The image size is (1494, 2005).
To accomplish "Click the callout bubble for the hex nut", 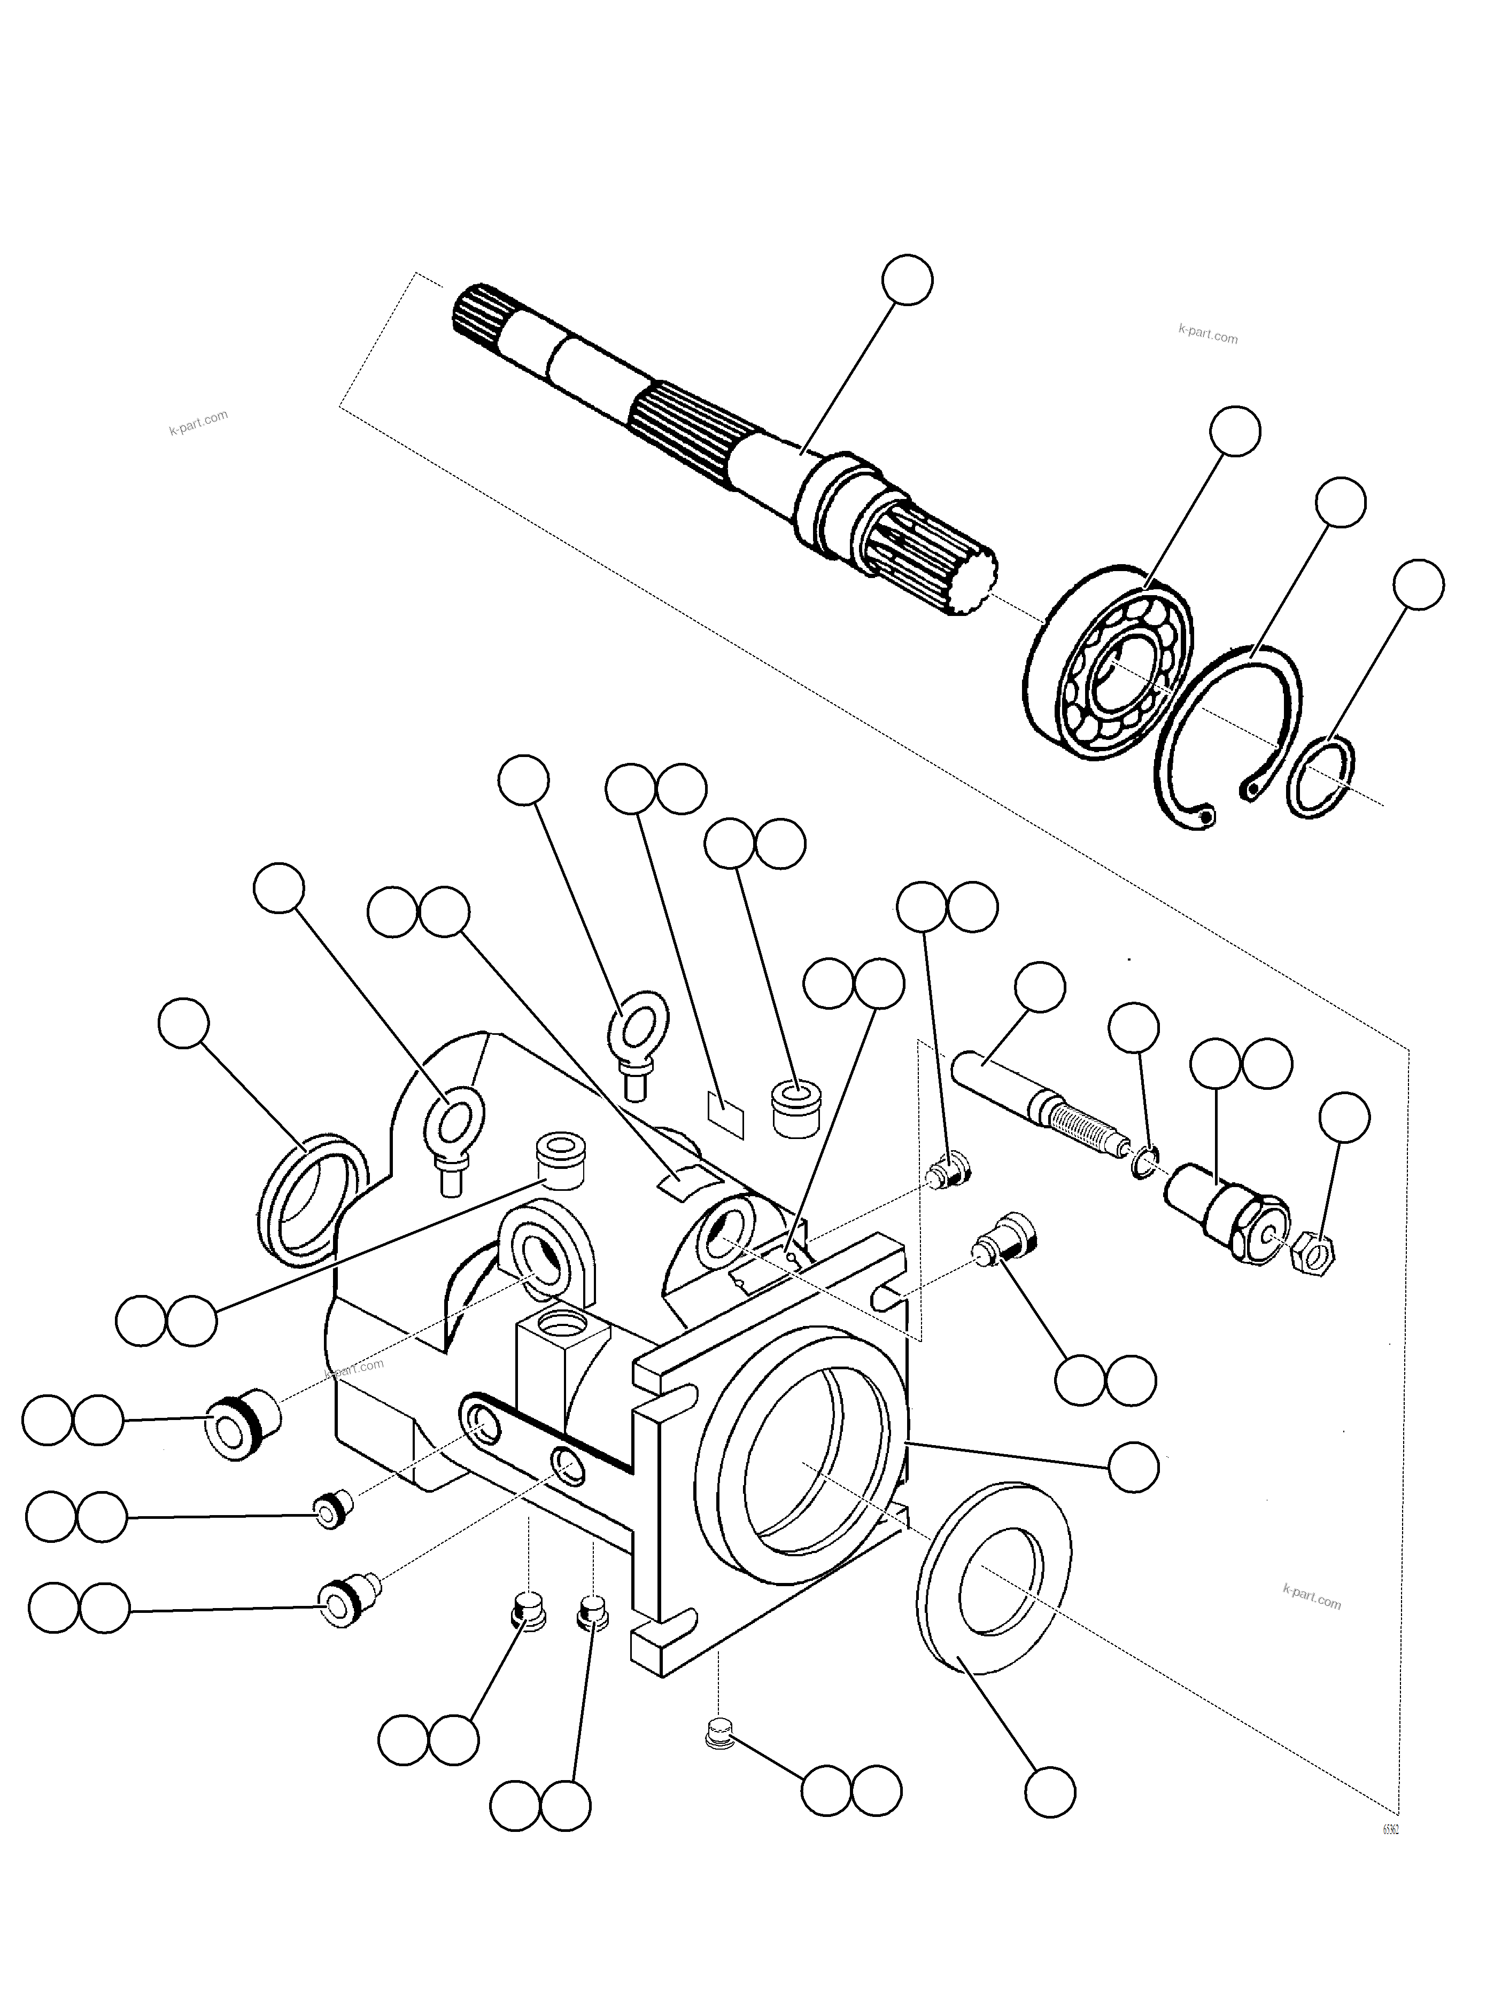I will coord(1344,1118).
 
